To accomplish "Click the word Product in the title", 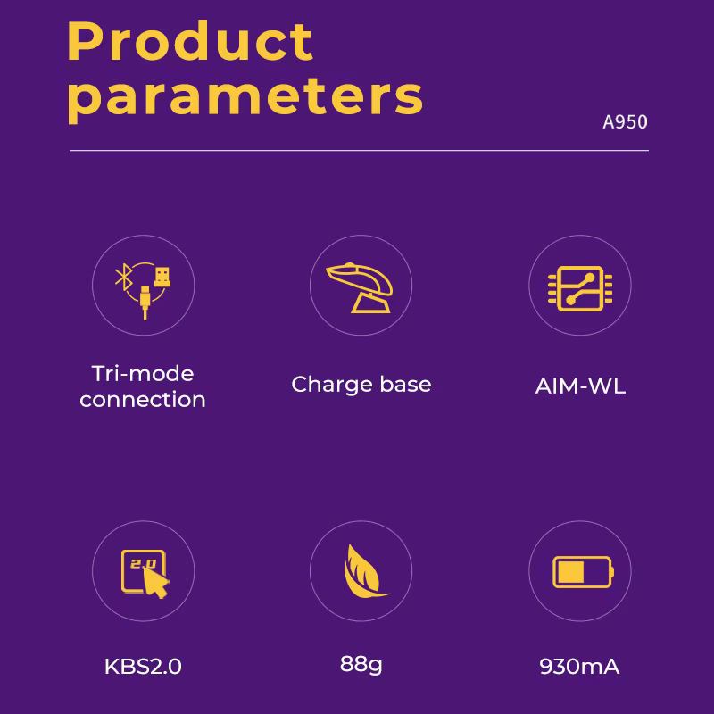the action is tap(190, 41).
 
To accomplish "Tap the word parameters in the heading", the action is tap(245, 98).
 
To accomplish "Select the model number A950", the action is tap(625, 122).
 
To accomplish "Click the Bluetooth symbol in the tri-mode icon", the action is tap(123, 277).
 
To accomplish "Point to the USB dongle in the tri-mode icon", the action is tap(162, 277).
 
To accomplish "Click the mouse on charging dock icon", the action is tap(360, 287).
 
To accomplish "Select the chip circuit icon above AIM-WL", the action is tap(579, 288).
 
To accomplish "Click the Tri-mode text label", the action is tap(143, 374).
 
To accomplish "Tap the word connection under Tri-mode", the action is tap(143, 400).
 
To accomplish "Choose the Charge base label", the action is tap(361, 385).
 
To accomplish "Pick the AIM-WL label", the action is tap(580, 386).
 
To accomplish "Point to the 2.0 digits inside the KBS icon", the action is tap(144, 564).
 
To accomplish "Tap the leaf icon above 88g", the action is tap(364, 571).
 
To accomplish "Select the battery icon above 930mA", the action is tap(583, 572).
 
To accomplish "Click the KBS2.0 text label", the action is tap(143, 666).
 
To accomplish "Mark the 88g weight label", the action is tap(361, 665).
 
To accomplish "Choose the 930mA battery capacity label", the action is tap(579, 666).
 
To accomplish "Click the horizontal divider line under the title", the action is tap(359, 150).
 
